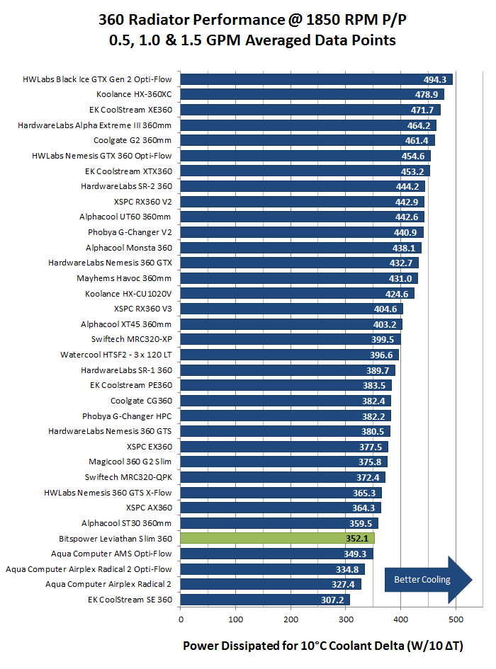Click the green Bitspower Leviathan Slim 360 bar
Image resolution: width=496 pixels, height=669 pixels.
276,538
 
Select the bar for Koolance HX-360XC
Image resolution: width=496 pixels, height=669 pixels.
312,94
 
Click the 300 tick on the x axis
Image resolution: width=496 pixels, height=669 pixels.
346,619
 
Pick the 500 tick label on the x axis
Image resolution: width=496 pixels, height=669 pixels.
456,619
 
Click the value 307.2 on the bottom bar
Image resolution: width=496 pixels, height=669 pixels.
332,600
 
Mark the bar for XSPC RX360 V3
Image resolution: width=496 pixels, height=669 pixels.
291,309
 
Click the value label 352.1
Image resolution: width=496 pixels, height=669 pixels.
357,539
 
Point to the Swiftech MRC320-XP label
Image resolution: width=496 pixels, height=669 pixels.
131,339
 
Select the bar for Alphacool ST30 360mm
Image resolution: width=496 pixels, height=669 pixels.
279,523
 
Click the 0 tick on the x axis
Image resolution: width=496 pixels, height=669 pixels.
181,619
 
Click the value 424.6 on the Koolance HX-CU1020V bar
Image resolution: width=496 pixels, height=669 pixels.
396,294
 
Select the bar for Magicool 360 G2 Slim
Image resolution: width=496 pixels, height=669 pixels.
283,462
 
